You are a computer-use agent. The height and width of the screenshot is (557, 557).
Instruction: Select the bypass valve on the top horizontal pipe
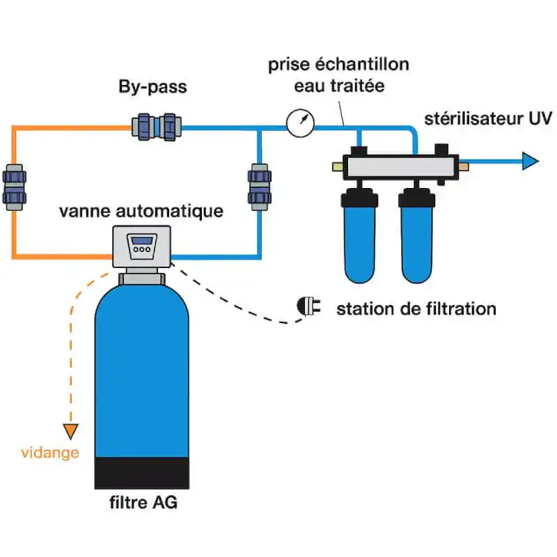click(157, 127)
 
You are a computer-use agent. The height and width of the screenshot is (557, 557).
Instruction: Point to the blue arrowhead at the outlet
click(531, 162)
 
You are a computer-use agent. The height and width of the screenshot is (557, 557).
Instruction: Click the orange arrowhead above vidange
click(70, 432)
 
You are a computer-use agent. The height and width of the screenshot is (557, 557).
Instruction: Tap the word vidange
click(49, 453)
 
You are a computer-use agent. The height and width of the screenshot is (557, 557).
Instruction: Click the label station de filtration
click(416, 308)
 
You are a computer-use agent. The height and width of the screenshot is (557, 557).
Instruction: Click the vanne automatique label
click(141, 210)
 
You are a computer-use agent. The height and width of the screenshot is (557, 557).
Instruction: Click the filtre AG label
click(143, 502)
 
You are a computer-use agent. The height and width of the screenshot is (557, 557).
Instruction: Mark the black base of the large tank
click(141, 473)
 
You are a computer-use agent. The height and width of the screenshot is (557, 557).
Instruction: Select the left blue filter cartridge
click(359, 237)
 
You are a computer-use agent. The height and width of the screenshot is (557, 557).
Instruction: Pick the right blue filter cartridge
click(416, 237)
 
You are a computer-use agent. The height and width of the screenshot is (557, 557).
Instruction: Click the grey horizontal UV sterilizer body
click(398, 166)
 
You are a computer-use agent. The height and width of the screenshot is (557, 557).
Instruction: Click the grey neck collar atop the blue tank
click(142, 278)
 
